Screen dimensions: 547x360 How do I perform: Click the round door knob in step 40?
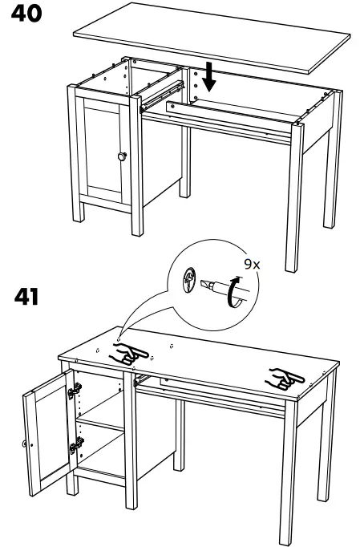point(123,156)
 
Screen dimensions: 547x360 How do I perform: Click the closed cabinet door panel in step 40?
point(104,152)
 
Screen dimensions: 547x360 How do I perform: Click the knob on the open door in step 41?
point(26,444)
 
